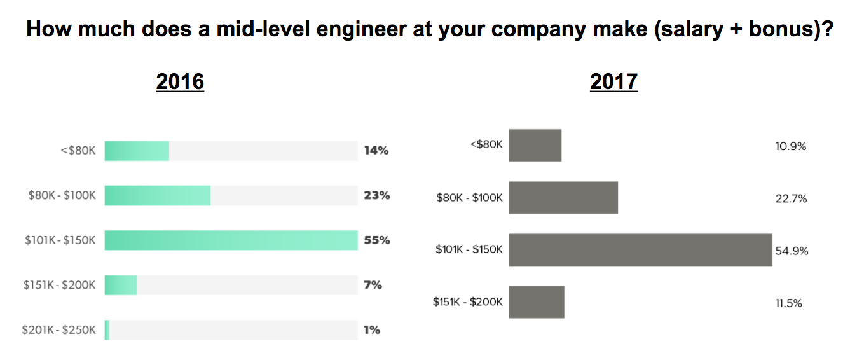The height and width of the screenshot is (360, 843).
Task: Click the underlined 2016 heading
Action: point(180,82)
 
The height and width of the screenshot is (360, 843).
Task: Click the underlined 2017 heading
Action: point(613,82)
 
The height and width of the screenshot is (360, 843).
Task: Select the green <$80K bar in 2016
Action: point(137,151)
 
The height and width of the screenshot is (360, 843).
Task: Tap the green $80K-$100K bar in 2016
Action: point(157,195)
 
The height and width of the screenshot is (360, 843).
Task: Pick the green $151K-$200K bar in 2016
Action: point(121,285)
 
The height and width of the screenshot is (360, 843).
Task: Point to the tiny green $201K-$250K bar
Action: point(107,329)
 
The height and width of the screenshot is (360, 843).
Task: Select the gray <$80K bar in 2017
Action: point(535,146)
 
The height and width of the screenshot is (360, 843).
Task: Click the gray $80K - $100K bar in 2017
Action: point(563,198)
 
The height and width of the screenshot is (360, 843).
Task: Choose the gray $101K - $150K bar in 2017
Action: point(640,250)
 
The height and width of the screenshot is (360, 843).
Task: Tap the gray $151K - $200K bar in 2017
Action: point(537,302)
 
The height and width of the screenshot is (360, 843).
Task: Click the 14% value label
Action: point(376,151)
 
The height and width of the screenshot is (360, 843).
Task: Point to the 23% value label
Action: point(377,195)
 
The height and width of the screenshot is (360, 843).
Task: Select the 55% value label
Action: point(377,240)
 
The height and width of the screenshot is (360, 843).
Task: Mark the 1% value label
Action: point(372,329)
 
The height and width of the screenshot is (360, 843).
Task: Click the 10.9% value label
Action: point(790,146)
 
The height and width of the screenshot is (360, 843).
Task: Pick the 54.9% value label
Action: point(792,251)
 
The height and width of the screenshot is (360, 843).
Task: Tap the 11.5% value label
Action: point(788,303)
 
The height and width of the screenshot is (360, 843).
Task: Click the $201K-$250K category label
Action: point(58,329)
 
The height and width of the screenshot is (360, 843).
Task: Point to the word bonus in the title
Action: point(779,29)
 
